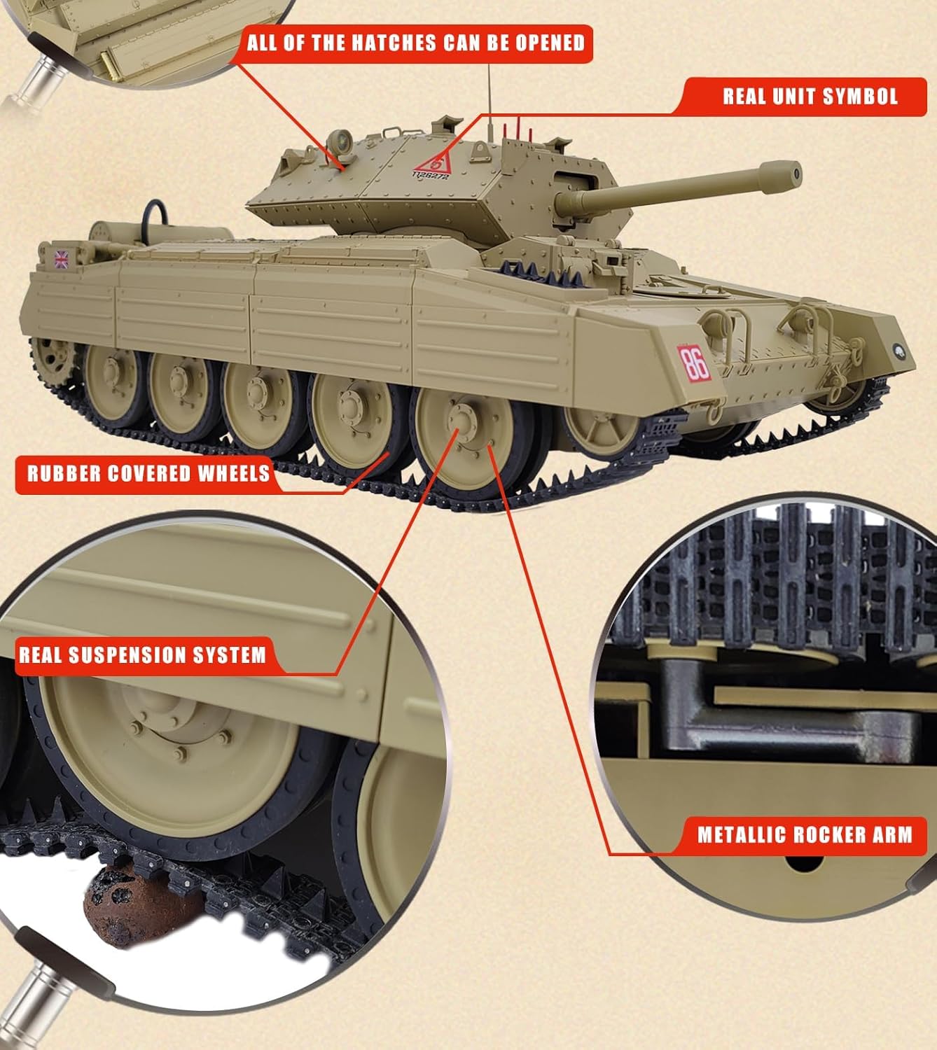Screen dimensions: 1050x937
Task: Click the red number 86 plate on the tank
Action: point(695,362)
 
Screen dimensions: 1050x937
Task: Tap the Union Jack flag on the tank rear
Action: point(62,259)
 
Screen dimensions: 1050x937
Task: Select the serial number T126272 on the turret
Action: point(430,176)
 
